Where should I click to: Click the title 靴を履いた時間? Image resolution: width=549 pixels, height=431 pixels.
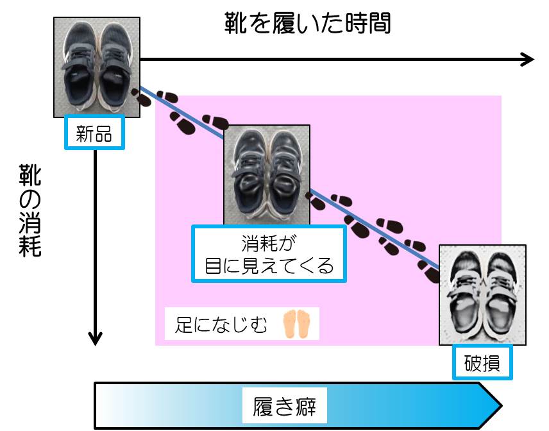pyautogui.click(x=307, y=24)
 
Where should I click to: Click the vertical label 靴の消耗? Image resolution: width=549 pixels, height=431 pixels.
pyautogui.click(x=30, y=210)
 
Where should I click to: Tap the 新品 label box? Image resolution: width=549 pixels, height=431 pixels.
pyautogui.click(x=94, y=133)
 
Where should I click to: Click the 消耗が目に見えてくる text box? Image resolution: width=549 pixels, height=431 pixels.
pyautogui.click(x=269, y=254)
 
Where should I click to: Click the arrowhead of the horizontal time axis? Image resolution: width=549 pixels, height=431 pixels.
pyautogui.click(x=527, y=59)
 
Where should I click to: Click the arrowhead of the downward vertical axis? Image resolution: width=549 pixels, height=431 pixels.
pyautogui.click(x=95, y=337)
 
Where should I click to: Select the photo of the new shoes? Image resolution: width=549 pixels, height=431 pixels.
pyautogui.click(x=96, y=67)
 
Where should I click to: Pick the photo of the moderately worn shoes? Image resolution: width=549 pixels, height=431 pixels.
pyautogui.click(x=267, y=174)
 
